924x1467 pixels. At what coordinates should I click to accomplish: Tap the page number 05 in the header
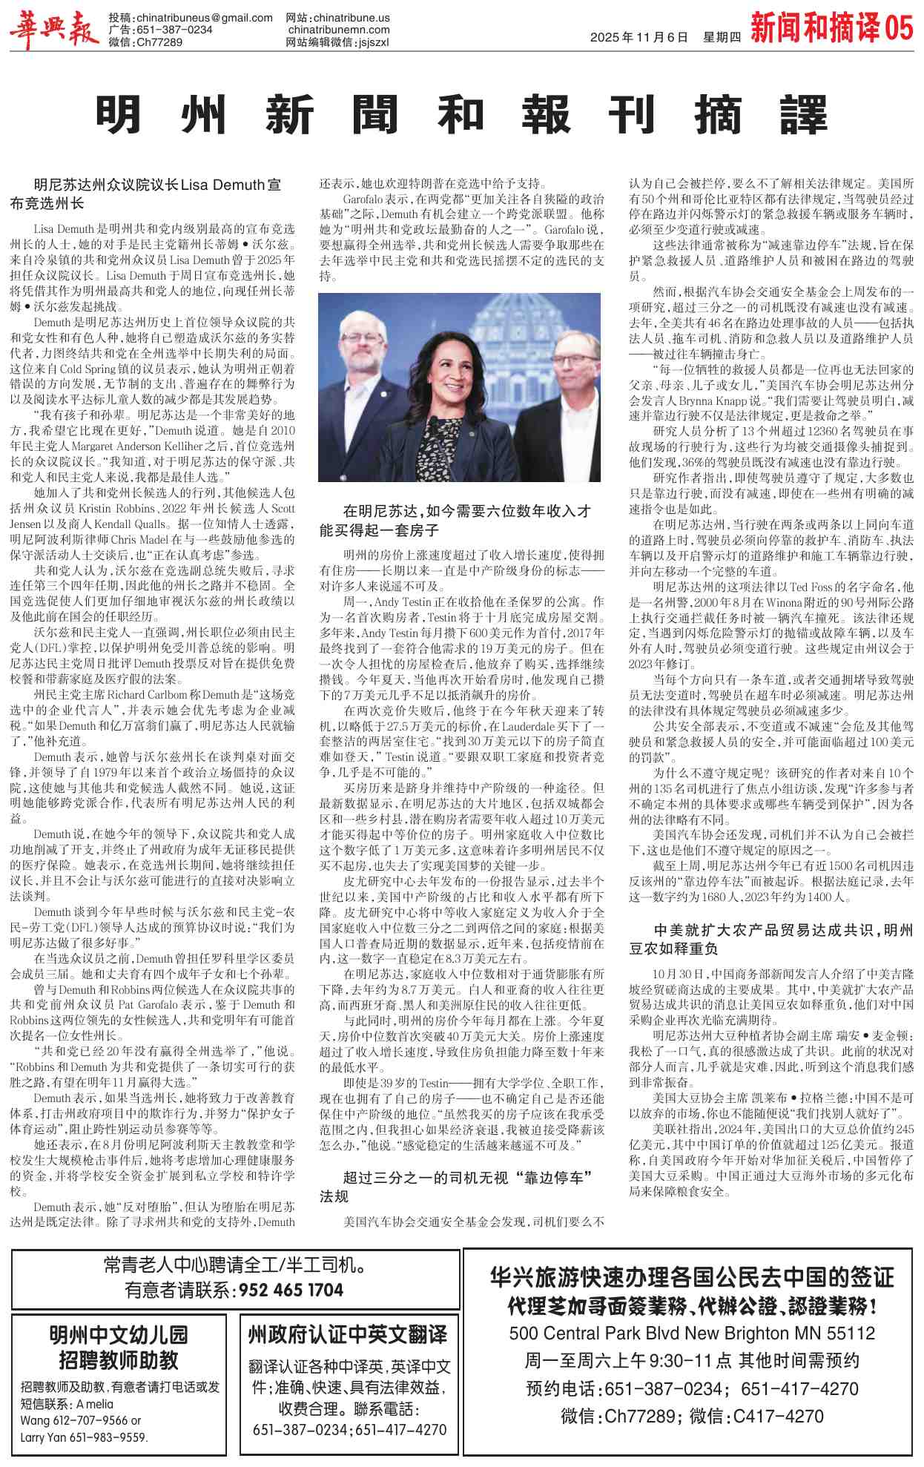tap(898, 28)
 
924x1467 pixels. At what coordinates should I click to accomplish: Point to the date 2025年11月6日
tap(638, 38)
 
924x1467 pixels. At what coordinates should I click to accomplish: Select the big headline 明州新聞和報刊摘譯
tap(461, 116)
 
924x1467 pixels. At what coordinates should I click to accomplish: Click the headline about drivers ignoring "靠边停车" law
tap(457, 1187)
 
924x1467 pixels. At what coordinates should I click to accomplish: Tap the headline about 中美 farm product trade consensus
tap(771, 939)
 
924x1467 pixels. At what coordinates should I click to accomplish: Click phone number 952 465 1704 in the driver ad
tap(291, 1290)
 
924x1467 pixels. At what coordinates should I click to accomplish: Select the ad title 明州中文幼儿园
tap(119, 1335)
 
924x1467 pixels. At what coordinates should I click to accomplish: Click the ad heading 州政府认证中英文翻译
tap(348, 1335)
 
